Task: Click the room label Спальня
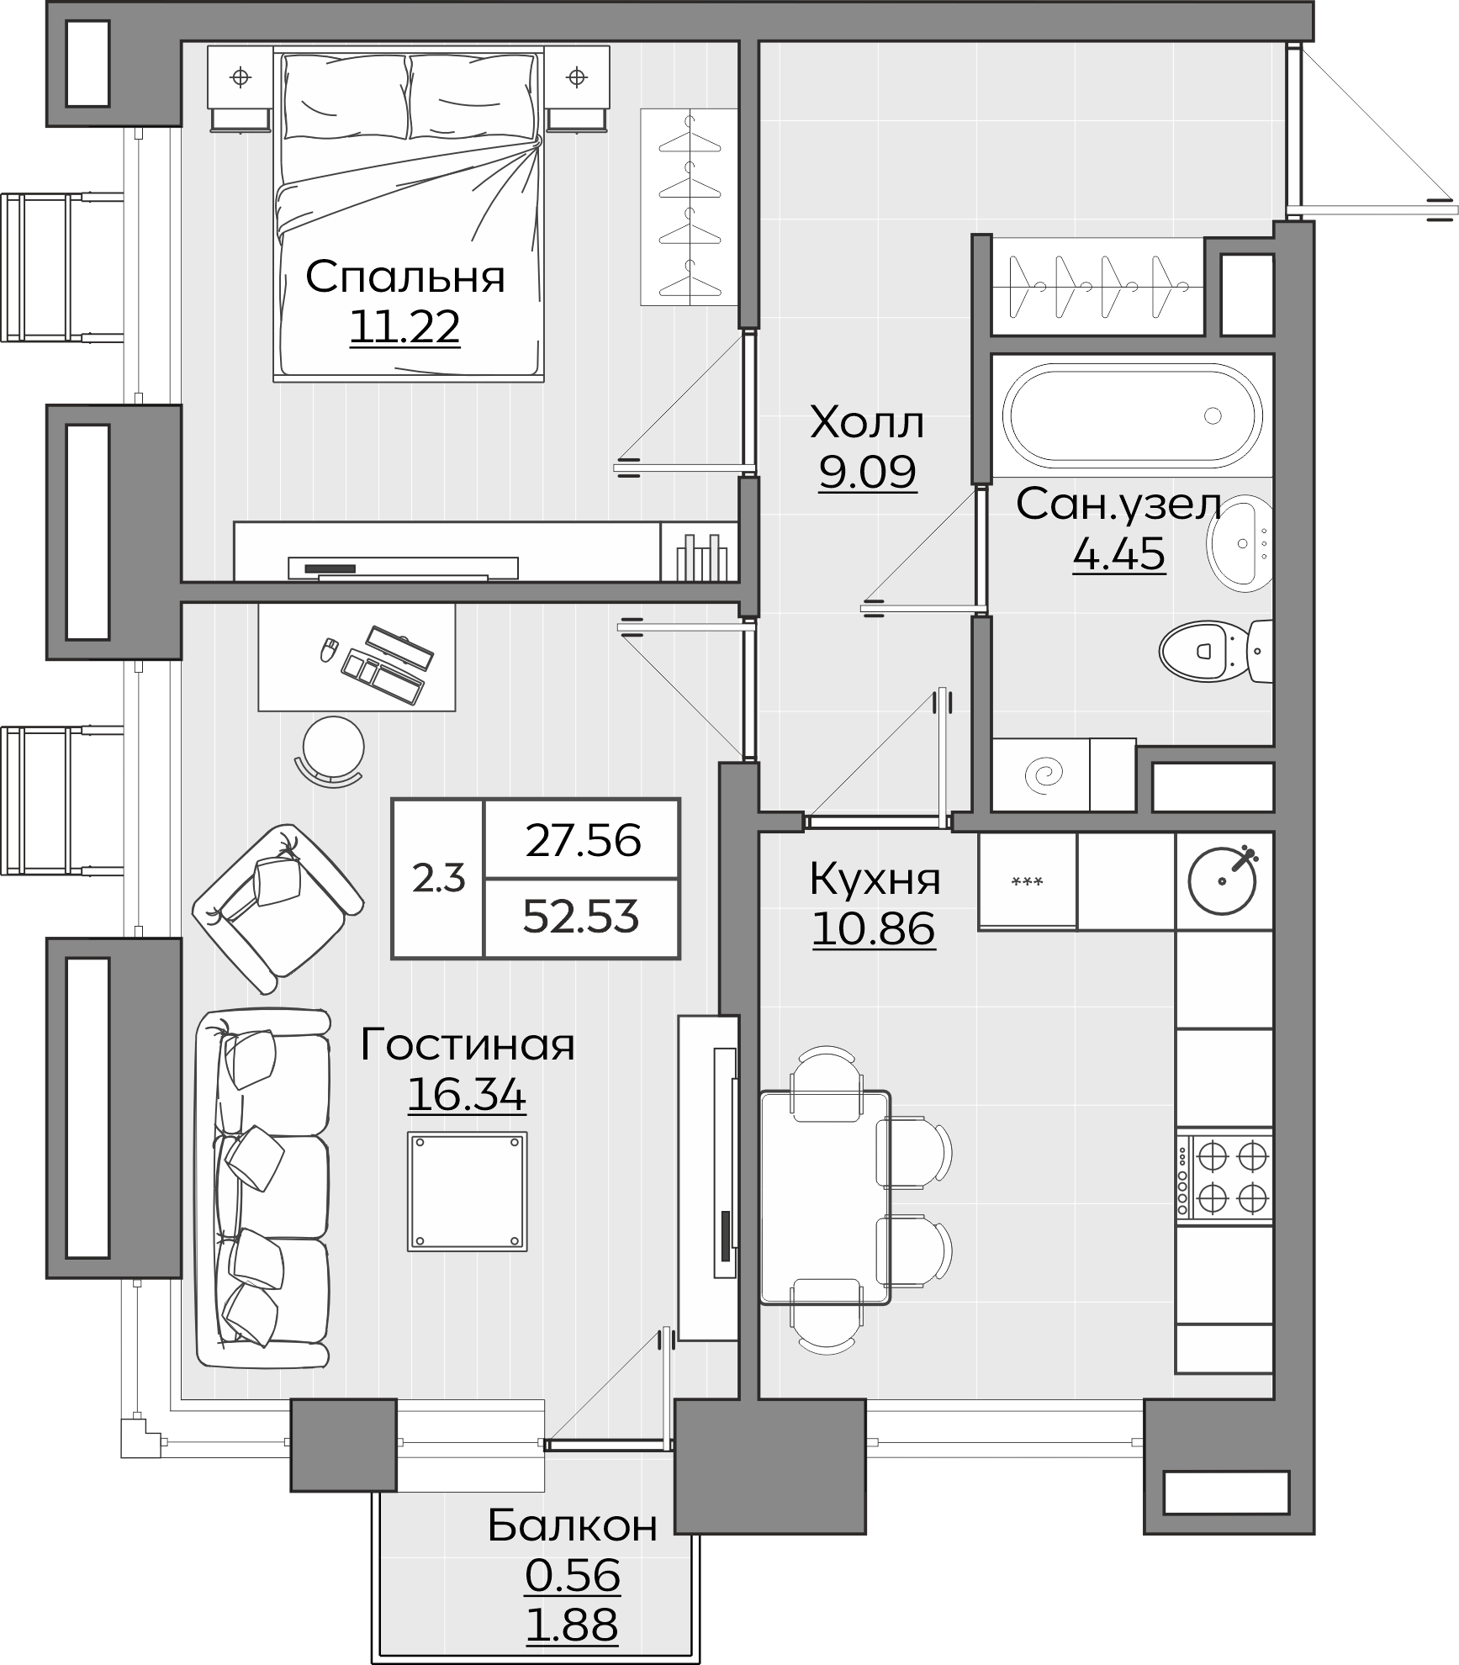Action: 404,277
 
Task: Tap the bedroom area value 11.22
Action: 404,327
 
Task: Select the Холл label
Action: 867,423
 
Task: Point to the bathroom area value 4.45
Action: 1118,553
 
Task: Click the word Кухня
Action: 875,880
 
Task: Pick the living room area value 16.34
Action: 467,1095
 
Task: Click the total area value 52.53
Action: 581,916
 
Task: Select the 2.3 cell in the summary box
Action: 438,879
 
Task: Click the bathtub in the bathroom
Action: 1136,415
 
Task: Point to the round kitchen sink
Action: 1222,880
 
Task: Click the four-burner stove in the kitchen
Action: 1224,1177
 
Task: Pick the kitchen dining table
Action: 825,1197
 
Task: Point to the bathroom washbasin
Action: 1240,541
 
